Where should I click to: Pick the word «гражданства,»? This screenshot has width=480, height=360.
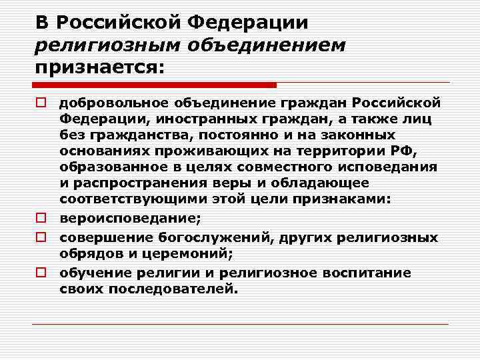[x=129, y=134]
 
